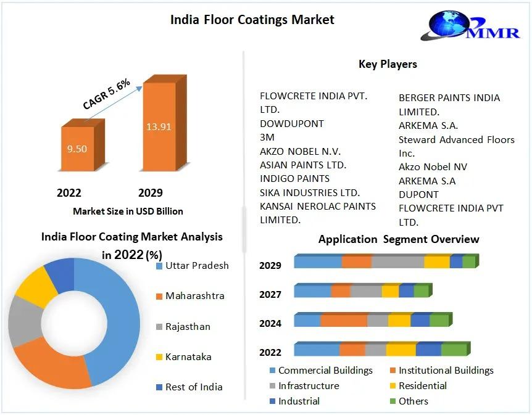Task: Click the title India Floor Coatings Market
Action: point(252,20)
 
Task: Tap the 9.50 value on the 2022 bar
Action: point(77,149)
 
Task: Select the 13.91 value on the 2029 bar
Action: point(159,127)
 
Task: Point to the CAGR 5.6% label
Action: point(107,94)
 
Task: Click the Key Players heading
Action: point(388,64)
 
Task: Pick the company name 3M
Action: point(267,138)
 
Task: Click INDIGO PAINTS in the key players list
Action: point(294,179)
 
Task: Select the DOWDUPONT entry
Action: point(292,124)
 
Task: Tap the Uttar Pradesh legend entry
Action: point(193,266)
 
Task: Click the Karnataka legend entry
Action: point(183,356)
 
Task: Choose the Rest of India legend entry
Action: point(189,387)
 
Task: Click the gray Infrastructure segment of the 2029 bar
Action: point(397,261)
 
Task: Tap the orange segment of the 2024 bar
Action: point(344,320)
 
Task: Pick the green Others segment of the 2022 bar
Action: point(454,349)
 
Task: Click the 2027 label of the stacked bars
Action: point(270,294)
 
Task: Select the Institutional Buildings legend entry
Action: point(442,370)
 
